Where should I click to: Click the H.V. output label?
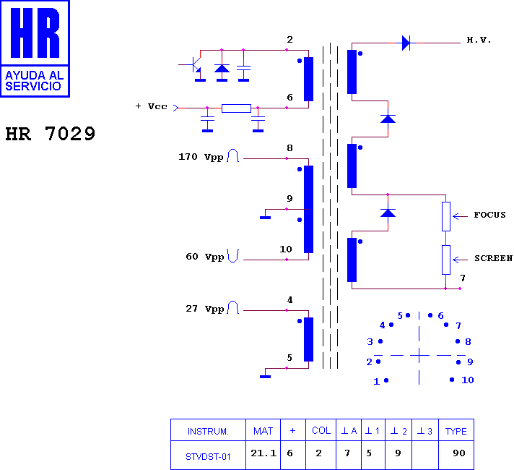(x=479, y=40)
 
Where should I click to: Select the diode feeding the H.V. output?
(x=406, y=43)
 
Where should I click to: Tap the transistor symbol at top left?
(x=196, y=64)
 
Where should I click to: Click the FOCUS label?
(x=489, y=215)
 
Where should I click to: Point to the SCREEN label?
(x=493, y=258)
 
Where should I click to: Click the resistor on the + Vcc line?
(x=236, y=108)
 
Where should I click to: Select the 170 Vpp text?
(x=201, y=157)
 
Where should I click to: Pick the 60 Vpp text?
(x=205, y=257)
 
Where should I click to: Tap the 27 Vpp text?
(x=205, y=309)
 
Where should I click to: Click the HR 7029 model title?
(x=50, y=134)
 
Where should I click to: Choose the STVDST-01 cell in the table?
(x=208, y=457)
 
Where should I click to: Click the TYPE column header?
(x=456, y=431)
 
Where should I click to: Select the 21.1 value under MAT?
(x=263, y=453)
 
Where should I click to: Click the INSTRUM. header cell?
(x=208, y=431)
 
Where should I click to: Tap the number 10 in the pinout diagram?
(x=468, y=380)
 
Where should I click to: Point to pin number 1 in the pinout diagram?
(x=377, y=382)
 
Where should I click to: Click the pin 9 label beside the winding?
(x=289, y=198)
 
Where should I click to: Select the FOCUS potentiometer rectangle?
(x=446, y=216)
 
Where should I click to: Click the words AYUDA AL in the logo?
(x=35, y=75)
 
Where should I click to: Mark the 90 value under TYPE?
(x=459, y=453)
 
